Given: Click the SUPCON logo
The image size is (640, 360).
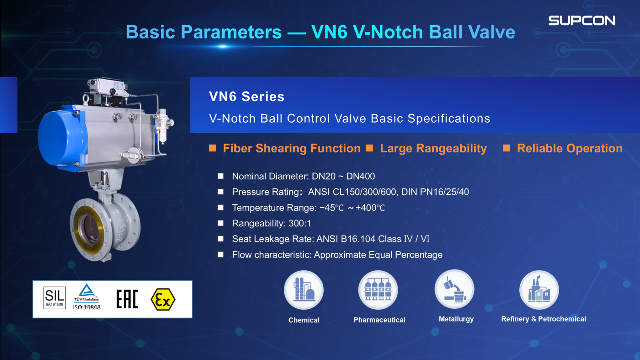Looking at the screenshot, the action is [x=581, y=21].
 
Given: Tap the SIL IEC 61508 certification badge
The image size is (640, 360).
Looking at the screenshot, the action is [x=54, y=298].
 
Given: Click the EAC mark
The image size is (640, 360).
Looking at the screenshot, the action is [x=128, y=299].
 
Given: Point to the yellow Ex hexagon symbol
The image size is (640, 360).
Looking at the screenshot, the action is [x=163, y=299].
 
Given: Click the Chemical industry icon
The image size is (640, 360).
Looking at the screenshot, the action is [x=304, y=290].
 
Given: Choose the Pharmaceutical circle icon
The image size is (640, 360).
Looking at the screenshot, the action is [x=379, y=290].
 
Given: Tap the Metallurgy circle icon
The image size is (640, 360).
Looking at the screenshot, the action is [x=454, y=290].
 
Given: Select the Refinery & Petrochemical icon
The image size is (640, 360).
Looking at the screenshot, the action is [x=539, y=290].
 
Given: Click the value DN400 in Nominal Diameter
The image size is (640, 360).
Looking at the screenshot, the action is [x=361, y=176].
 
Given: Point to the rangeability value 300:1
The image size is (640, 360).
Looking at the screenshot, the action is [x=300, y=223].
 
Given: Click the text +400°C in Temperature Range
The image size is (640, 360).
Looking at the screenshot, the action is [x=370, y=208].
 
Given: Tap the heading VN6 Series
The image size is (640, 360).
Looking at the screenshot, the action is [x=246, y=97].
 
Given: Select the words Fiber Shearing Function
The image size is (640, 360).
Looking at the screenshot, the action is [x=292, y=148].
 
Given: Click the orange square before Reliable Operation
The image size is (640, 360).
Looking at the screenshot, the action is [x=507, y=148].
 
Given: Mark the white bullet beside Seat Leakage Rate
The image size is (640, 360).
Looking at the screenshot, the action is [x=220, y=239].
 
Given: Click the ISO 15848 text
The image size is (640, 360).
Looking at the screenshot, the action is [x=86, y=307].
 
